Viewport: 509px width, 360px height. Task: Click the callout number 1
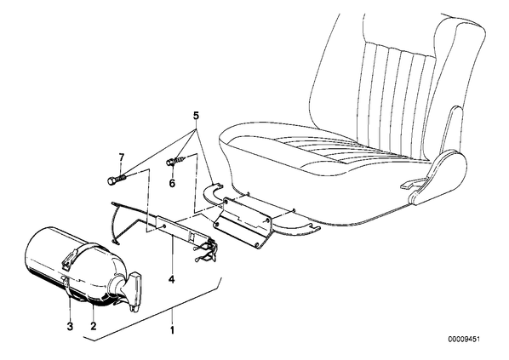pyautogui.click(x=173, y=330)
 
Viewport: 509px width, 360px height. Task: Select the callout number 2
pyautogui.click(x=94, y=326)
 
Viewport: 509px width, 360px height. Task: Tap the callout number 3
pyautogui.click(x=70, y=326)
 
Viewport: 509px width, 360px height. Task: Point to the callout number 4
pyautogui.click(x=171, y=279)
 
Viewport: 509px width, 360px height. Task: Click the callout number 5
pyautogui.click(x=196, y=115)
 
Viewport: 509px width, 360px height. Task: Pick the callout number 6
pyautogui.click(x=172, y=184)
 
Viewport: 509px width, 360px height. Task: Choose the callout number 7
pyautogui.click(x=122, y=157)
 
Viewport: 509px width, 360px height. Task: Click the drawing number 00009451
pyautogui.click(x=464, y=340)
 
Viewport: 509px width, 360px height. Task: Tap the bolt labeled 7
pyautogui.click(x=116, y=180)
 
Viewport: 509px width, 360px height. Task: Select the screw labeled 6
pyautogui.click(x=175, y=161)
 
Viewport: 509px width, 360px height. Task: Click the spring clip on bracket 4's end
pyautogui.click(x=205, y=249)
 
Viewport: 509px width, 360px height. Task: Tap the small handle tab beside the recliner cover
pyautogui.click(x=412, y=184)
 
